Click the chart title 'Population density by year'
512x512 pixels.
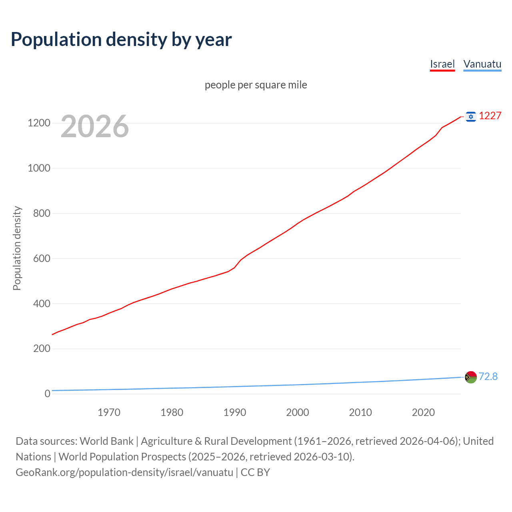click(121, 39)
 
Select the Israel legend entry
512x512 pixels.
click(442, 64)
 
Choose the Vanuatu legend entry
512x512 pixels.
click(482, 64)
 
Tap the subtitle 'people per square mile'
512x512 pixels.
click(256, 85)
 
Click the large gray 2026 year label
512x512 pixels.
click(95, 126)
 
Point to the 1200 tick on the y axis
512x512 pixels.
click(39, 123)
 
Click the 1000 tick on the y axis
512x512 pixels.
click(39, 168)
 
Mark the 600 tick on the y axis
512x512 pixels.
click(42, 258)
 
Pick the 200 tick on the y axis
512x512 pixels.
click(42, 348)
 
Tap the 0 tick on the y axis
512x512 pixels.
click(48, 394)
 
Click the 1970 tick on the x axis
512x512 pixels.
click(109, 412)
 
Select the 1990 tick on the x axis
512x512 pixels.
click(235, 412)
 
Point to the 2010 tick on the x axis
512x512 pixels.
click(360, 412)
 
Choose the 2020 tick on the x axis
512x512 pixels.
click(423, 412)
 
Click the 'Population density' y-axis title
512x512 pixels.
click(17, 248)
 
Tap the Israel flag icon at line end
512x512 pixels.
click(471, 116)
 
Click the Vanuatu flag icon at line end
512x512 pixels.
click(471, 377)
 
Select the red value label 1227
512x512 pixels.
click(490, 116)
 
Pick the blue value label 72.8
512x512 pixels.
click(488, 377)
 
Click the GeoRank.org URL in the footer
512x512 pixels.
click(124, 472)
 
